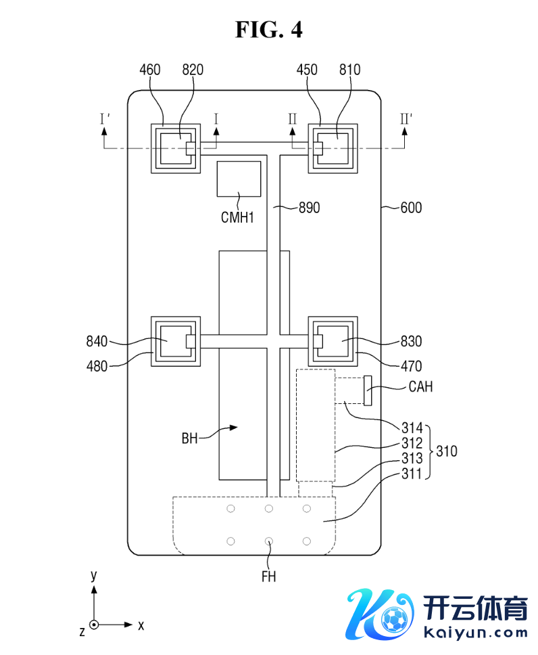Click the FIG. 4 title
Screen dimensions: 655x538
coord(268,29)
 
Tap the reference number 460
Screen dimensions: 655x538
coord(150,70)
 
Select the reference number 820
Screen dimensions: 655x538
coord(193,70)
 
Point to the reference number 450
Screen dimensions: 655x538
coord(308,70)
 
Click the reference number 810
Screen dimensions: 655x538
coord(350,70)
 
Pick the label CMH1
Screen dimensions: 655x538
coord(237,218)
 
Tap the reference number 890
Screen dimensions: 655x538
coord(309,208)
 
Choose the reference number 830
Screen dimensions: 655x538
coord(411,341)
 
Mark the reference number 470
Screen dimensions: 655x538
coord(411,366)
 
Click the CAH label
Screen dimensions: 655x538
coord(420,387)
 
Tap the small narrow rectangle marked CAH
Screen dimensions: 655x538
coord(368,390)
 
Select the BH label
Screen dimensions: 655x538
coord(189,438)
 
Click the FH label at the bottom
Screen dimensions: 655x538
coord(269,577)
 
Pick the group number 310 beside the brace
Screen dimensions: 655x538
coord(446,451)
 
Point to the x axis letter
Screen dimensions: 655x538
coord(141,625)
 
